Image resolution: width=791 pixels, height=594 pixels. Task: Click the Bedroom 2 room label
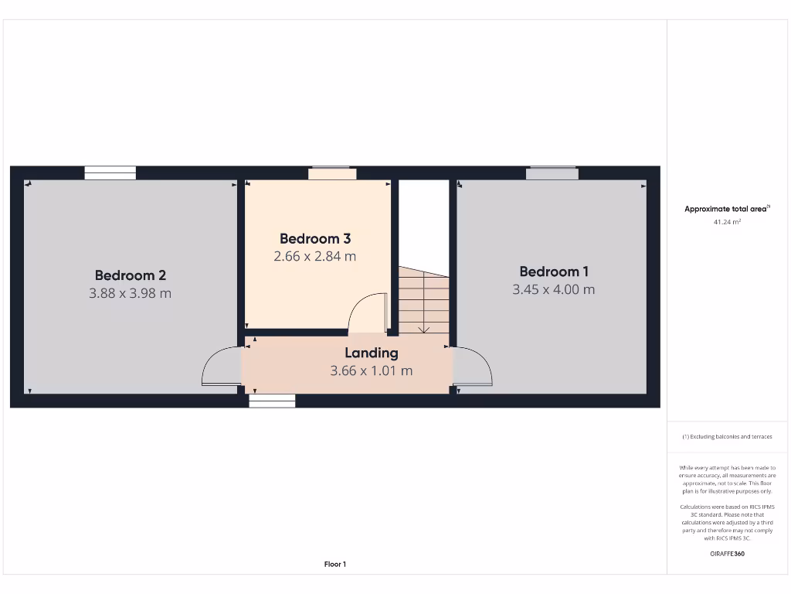pyautogui.click(x=131, y=275)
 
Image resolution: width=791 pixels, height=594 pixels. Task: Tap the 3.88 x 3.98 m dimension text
pyautogui.click(x=131, y=293)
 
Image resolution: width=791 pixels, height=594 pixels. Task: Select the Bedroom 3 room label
pyautogui.click(x=315, y=239)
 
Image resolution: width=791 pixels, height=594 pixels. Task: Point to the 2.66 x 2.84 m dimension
pyautogui.click(x=315, y=256)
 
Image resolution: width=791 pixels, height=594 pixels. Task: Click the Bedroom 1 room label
pyautogui.click(x=554, y=271)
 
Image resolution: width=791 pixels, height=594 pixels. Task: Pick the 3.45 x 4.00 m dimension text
pyautogui.click(x=554, y=289)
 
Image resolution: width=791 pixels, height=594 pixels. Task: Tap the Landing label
pyautogui.click(x=372, y=353)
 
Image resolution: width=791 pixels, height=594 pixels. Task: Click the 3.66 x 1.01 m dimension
pyautogui.click(x=372, y=370)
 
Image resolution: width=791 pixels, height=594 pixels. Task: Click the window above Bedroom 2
pyautogui.click(x=110, y=173)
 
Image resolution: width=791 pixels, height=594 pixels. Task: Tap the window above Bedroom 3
pyautogui.click(x=332, y=173)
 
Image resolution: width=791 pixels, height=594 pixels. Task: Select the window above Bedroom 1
pyautogui.click(x=552, y=173)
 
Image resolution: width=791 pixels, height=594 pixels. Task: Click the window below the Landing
pyautogui.click(x=272, y=401)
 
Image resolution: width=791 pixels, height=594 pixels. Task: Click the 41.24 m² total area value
pyautogui.click(x=727, y=222)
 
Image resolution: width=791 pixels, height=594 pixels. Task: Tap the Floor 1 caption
pyautogui.click(x=335, y=565)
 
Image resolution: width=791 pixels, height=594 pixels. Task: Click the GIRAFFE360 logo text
pyautogui.click(x=727, y=554)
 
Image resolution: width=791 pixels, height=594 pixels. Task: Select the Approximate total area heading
pyautogui.click(x=726, y=209)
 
